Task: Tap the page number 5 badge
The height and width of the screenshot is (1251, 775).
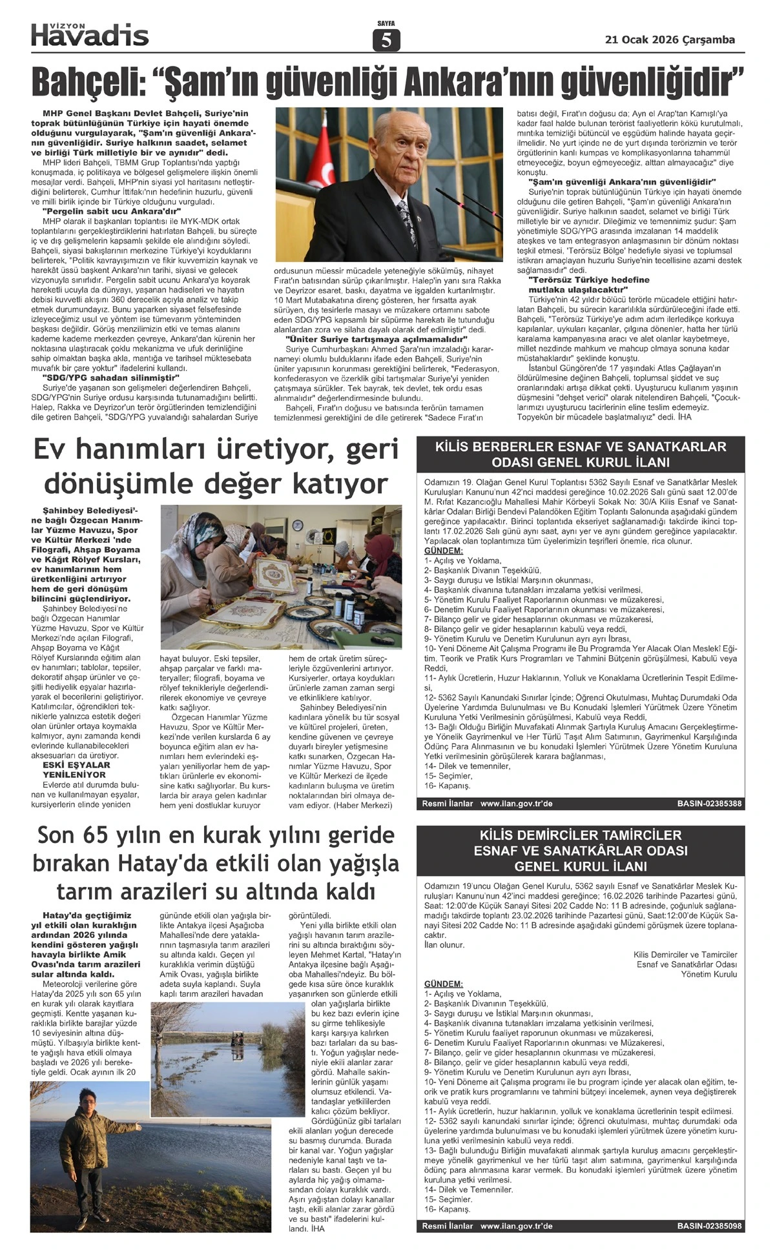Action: [386, 41]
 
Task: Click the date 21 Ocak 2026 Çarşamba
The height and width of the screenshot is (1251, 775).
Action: [670, 40]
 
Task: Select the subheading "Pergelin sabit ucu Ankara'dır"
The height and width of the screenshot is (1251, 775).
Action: [111, 211]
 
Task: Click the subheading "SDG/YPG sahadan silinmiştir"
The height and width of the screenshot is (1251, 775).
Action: [110, 377]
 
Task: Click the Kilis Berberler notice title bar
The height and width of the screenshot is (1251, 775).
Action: [580, 454]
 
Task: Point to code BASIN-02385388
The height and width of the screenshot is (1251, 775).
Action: [709, 804]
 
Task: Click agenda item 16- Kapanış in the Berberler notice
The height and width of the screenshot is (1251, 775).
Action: [448, 786]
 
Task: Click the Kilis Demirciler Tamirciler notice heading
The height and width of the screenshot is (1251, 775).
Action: [580, 851]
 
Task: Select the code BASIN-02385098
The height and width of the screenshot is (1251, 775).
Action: [709, 1226]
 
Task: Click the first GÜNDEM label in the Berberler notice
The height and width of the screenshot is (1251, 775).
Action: [443, 551]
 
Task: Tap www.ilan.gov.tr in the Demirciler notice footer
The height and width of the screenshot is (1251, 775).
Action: [516, 1226]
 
